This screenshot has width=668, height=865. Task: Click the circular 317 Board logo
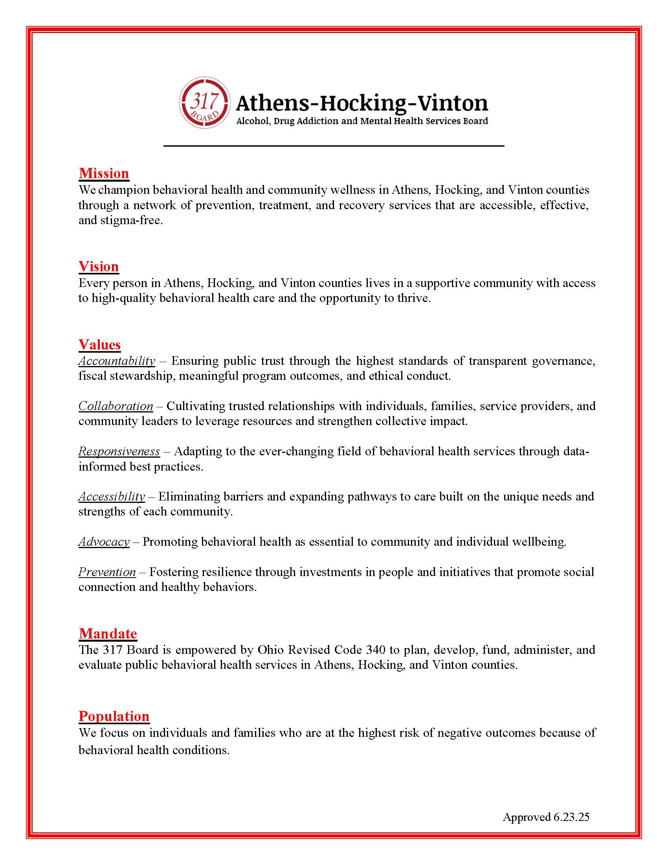pos(204,103)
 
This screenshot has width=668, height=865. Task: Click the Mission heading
pos(104,173)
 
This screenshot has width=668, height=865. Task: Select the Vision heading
pos(99,267)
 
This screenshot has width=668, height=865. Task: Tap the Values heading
pos(99,344)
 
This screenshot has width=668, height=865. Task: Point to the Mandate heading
pos(108,634)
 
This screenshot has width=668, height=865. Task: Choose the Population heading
pos(114,716)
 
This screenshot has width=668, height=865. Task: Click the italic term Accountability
pos(117,361)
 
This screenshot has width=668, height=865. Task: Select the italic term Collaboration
pos(116,406)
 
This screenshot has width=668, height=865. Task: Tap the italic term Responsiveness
pos(119,451)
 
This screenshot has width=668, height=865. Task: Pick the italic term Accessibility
pos(112,497)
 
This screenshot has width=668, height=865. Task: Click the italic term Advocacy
pos(104,542)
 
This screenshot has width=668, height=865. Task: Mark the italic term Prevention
pos(107,572)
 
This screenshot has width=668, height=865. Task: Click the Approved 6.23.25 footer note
pos(546,817)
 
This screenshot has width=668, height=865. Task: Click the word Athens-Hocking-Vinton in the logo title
pos(362,103)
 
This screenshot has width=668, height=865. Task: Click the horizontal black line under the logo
pos(334,146)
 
